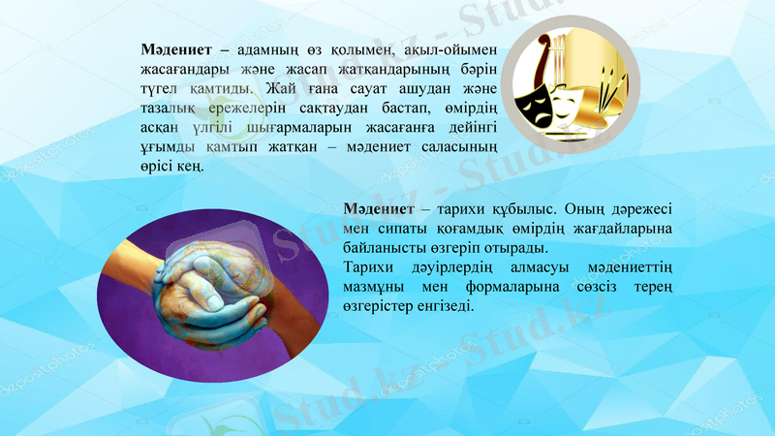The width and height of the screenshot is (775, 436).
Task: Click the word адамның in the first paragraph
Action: click(x=268, y=48)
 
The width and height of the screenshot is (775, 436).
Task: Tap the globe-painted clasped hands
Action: click(x=221, y=286)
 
